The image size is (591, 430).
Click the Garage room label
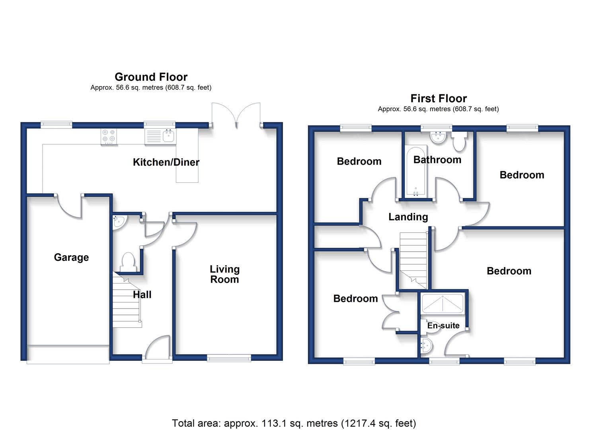click(71, 258)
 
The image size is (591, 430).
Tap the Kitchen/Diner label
click(166, 162)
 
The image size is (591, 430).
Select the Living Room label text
click(224, 274)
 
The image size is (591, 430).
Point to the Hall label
click(142, 295)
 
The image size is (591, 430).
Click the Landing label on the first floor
click(408, 217)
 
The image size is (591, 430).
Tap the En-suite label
click(443, 325)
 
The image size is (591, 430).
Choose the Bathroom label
click(437, 160)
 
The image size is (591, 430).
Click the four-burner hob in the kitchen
click(109, 137)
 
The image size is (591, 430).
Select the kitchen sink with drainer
click(160, 137)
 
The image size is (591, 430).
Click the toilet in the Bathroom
click(459, 141)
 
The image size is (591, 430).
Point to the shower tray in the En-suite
click(443, 304)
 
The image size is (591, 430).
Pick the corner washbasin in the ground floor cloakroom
click(119, 221)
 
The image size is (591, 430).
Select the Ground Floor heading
click(151, 77)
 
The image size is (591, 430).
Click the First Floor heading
click(439, 98)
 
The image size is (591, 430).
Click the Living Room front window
click(229, 358)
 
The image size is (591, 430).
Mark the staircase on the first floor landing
click(413, 260)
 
